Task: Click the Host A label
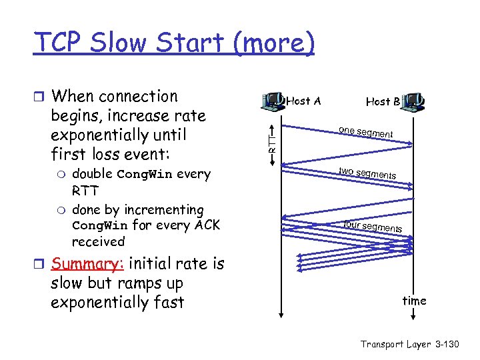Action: [x=303, y=101]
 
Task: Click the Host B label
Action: [x=383, y=101]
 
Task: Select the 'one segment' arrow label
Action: [x=365, y=132]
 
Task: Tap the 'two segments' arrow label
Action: [x=367, y=173]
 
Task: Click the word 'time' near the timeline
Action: [x=414, y=301]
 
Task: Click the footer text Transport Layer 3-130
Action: [x=410, y=344]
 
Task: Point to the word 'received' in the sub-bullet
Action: [x=98, y=241]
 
